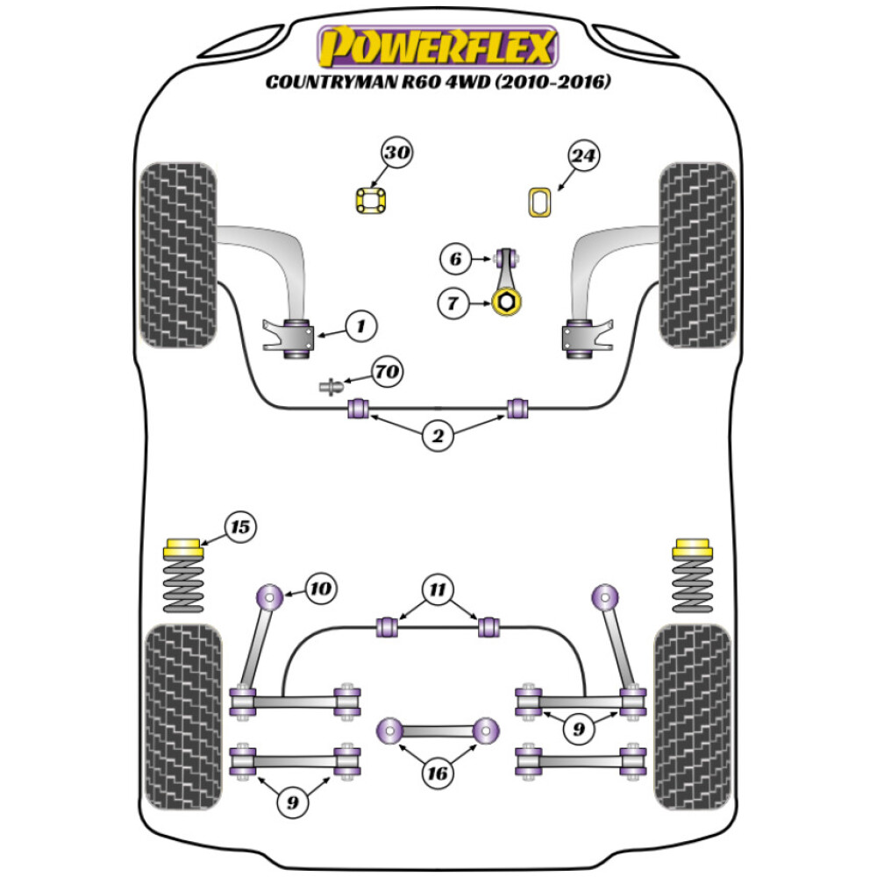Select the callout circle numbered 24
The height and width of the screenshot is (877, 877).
[583, 156]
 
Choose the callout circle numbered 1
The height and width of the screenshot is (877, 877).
[360, 327]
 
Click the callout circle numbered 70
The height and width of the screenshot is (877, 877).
[387, 372]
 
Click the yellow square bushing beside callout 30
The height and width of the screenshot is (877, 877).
[372, 201]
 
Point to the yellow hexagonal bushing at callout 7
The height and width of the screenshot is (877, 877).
[506, 303]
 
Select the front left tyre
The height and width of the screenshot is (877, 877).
[178, 255]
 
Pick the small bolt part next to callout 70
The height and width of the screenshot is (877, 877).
[331, 386]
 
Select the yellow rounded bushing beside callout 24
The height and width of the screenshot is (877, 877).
[538, 202]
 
